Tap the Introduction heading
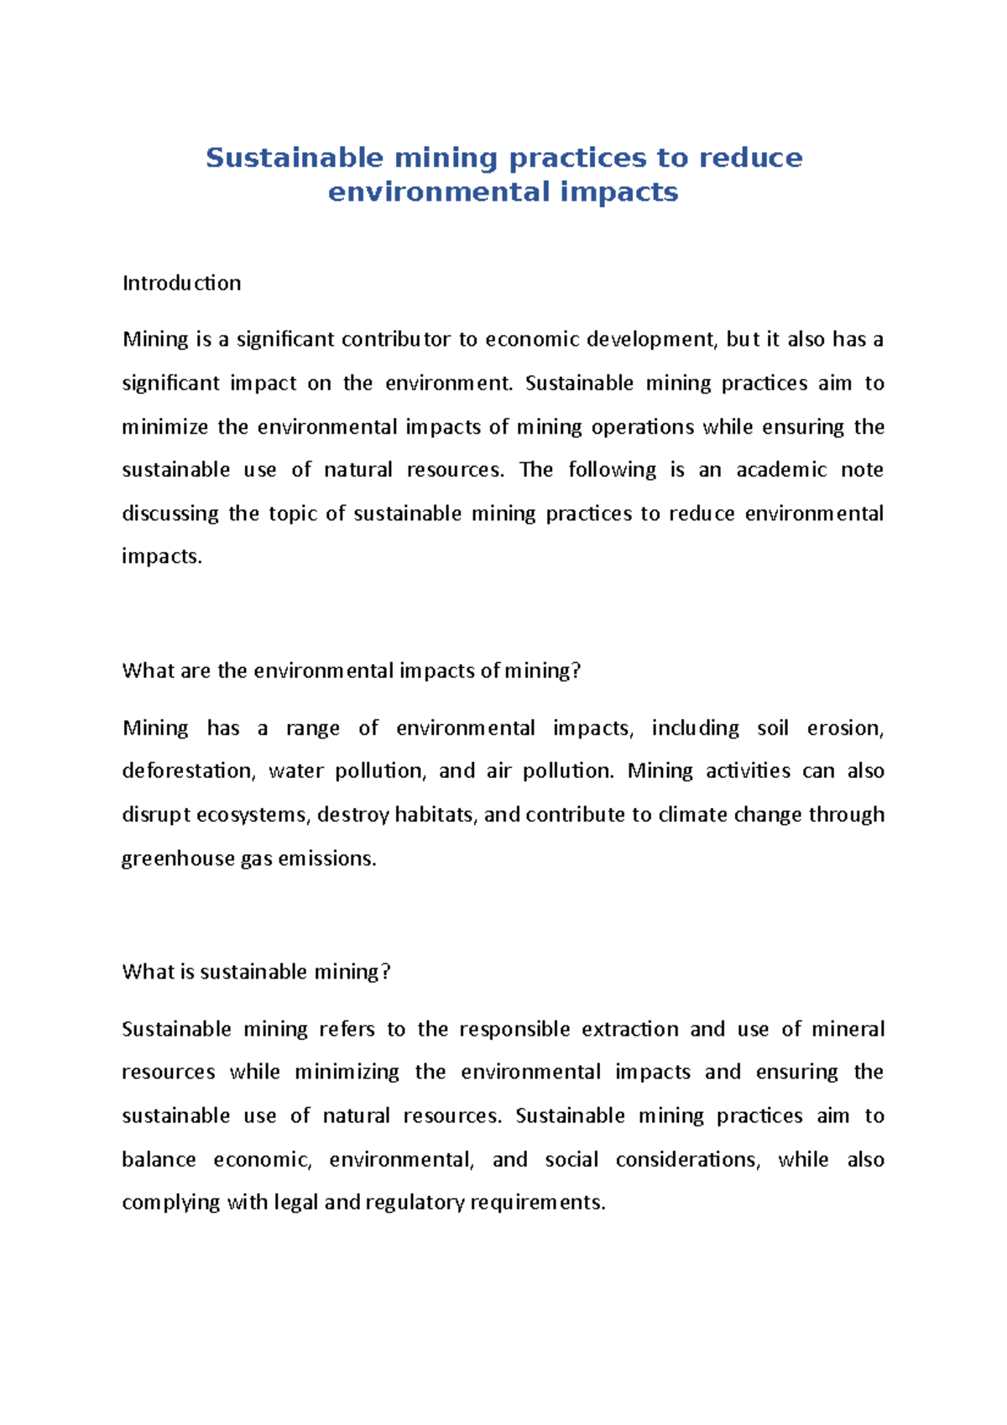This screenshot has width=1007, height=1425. [181, 283]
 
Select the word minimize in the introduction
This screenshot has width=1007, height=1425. [164, 426]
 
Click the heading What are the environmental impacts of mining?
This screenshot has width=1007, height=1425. [351, 671]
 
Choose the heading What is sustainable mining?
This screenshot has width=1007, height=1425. [256, 972]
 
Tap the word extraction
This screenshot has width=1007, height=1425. [629, 1029]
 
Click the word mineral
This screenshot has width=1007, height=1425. [850, 1029]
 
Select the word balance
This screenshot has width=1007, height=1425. [159, 1159]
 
